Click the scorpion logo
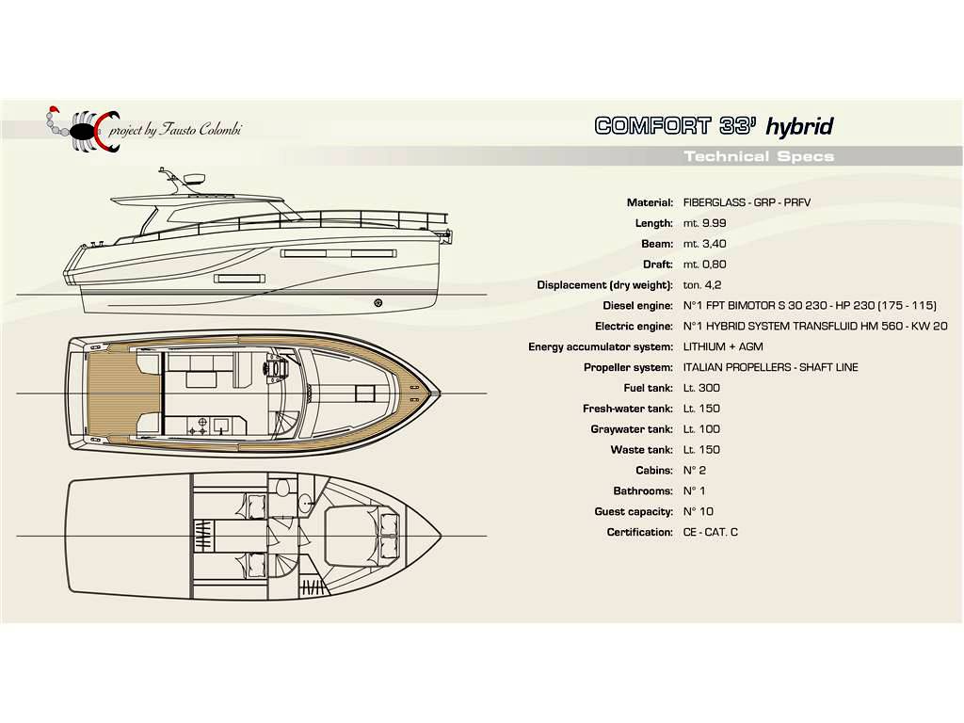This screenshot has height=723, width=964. [x=83, y=128]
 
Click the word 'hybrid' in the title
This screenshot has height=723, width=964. [x=799, y=127]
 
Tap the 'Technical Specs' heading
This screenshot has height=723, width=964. [x=760, y=156]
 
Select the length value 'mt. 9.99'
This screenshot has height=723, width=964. [x=704, y=223]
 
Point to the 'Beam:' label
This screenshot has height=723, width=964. [x=657, y=244]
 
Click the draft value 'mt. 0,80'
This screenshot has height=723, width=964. [x=704, y=265]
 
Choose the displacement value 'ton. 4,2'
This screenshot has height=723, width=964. [x=702, y=285]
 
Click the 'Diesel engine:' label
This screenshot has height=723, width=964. [x=637, y=306]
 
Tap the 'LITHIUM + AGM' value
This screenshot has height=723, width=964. [x=723, y=346]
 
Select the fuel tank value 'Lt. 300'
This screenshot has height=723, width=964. [x=701, y=388]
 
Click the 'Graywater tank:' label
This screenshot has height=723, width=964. [x=632, y=429]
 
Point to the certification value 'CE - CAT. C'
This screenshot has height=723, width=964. [x=710, y=533]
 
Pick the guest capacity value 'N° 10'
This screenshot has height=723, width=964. [x=699, y=511]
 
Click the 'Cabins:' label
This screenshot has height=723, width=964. [x=654, y=471]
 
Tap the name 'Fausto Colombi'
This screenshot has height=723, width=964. [x=201, y=129]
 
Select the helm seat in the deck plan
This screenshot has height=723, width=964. [x=276, y=366]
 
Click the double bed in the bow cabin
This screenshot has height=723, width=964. [x=362, y=536]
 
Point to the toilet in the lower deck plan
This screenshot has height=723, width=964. [x=282, y=489]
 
